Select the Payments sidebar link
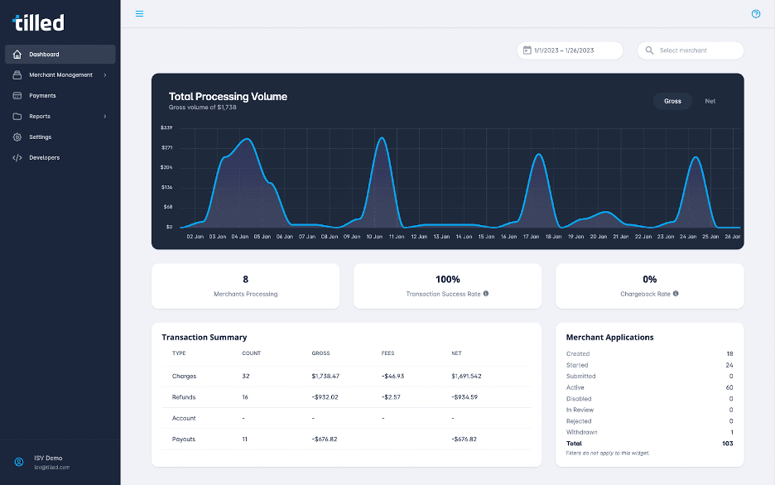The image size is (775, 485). click(x=42, y=96)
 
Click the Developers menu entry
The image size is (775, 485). click(x=44, y=157)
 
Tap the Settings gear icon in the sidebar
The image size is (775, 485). click(x=17, y=137)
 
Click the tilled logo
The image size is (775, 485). click(x=39, y=22)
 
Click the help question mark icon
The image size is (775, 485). click(x=755, y=14)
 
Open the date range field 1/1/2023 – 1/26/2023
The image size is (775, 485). click(x=570, y=50)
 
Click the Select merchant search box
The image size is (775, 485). click(x=691, y=50)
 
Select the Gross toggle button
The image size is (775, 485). click(x=672, y=101)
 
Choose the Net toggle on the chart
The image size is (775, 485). click(x=710, y=101)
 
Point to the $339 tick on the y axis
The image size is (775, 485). click(x=166, y=128)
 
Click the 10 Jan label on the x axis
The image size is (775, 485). click(x=374, y=237)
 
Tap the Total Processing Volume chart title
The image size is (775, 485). click(x=228, y=97)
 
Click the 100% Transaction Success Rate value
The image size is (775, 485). click(x=447, y=280)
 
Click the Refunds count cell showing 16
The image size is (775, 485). click(x=246, y=397)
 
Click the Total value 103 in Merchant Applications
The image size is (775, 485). click(x=728, y=444)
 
